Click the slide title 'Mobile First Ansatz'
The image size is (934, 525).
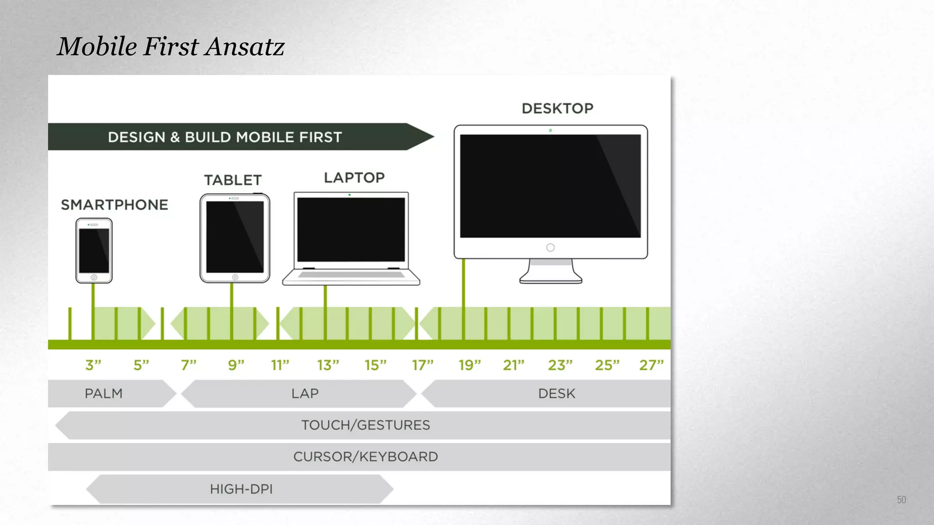tap(171, 46)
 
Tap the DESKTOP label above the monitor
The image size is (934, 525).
tap(557, 108)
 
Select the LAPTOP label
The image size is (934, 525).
tap(354, 178)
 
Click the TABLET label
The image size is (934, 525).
tap(233, 180)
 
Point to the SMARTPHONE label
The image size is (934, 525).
tap(114, 205)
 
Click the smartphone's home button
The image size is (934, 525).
tap(94, 277)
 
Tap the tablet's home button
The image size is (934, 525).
tap(235, 277)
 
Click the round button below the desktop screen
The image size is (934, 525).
tap(550, 247)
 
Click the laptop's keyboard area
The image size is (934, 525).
tap(351, 275)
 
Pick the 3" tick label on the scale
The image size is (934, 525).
tap(93, 365)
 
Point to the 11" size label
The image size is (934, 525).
tap(280, 365)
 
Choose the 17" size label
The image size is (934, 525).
tap(423, 365)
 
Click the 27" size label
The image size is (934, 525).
tap(651, 365)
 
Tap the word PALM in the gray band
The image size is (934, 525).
tap(104, 393)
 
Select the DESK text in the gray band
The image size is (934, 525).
tap(556, 393)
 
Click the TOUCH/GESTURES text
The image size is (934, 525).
tap(365, 425)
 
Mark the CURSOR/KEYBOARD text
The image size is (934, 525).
tap(365, 457)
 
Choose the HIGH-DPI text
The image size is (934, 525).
tap(241, 489)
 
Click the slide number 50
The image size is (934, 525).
tap(901, 500)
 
